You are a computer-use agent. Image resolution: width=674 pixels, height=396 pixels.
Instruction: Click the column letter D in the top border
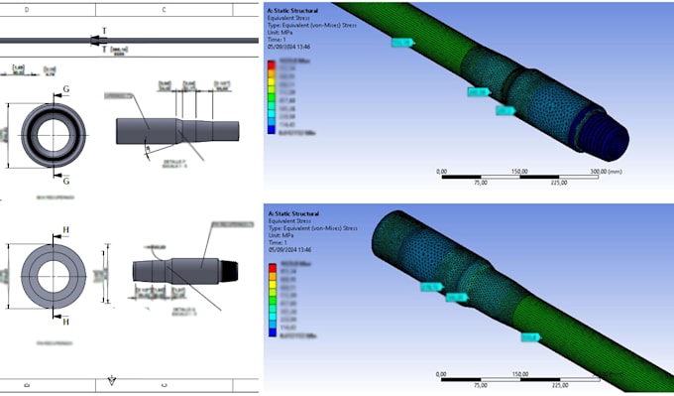(x=26, y=9)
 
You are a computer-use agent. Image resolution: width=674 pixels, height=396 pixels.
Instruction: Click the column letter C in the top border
(x=163, y=9)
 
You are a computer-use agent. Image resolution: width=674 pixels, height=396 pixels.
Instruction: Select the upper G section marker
(x=66, y=88)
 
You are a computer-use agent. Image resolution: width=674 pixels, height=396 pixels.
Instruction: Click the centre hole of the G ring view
(x=50, y=135)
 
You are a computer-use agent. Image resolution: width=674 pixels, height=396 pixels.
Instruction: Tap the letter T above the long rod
(x=106, y=31)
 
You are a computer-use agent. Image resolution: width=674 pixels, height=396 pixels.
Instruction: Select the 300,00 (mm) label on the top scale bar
(x=606, y=171)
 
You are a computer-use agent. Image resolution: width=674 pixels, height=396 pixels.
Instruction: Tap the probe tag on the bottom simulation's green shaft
(x=530, y=337)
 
